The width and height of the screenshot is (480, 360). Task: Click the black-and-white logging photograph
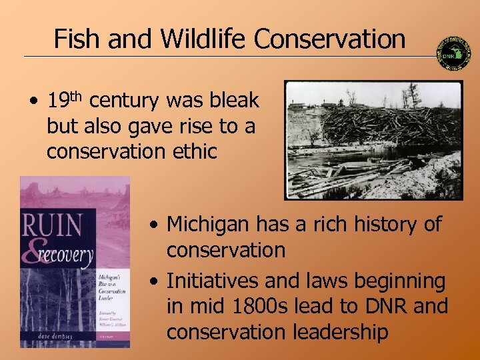point(373,140)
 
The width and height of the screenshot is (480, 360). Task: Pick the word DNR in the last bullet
point(382,307)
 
